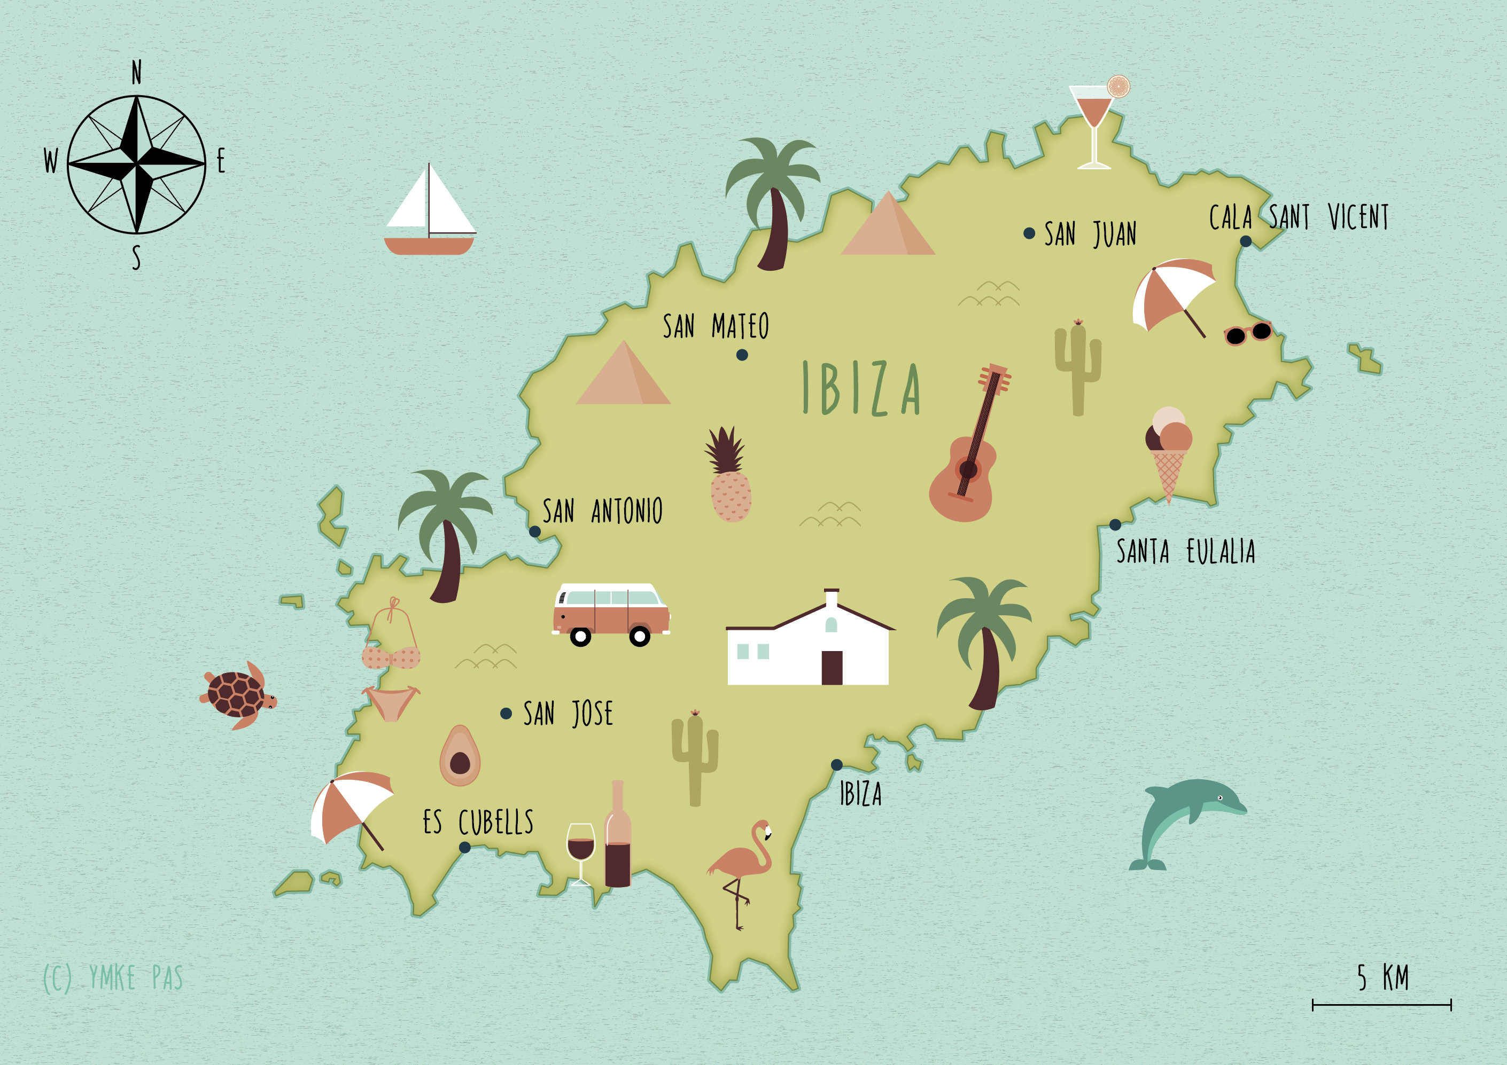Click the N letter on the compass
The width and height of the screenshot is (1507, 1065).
(x=136, y=72)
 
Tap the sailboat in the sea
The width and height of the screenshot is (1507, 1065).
(x=430, y=213)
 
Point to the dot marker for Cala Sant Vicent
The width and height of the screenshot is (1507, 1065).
(x=1245, y=241)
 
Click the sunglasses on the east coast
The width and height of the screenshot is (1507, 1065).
(x=1248, y=333)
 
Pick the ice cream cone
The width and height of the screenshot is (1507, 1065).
(x=1168, y=453)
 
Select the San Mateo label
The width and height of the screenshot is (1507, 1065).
(x=716, y=326)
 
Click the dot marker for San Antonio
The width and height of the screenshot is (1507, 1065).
(x=535, y=531)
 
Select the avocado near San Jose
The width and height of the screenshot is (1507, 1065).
(x=460, y=756)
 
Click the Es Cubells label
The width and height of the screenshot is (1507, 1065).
(x=478, y=822)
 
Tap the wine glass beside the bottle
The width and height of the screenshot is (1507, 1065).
(x=581, y=847)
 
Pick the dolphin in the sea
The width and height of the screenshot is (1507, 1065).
(x=1182, y=817)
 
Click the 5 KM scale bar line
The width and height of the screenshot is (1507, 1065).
(x=1381, y=1005)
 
